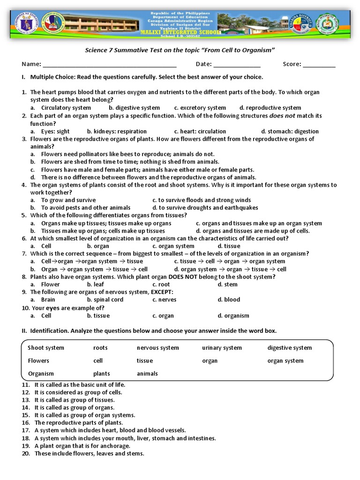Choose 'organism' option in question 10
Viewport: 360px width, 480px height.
click(x=236, y=316)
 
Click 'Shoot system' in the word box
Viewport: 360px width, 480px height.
click(x=46, y=348)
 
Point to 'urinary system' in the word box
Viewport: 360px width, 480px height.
click(x=222, y=348)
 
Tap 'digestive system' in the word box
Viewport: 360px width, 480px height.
click(x=289, y=348)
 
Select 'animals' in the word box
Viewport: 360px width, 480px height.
click(x=147, y=374)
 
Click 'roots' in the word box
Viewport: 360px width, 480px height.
click(x=100, y=348)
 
